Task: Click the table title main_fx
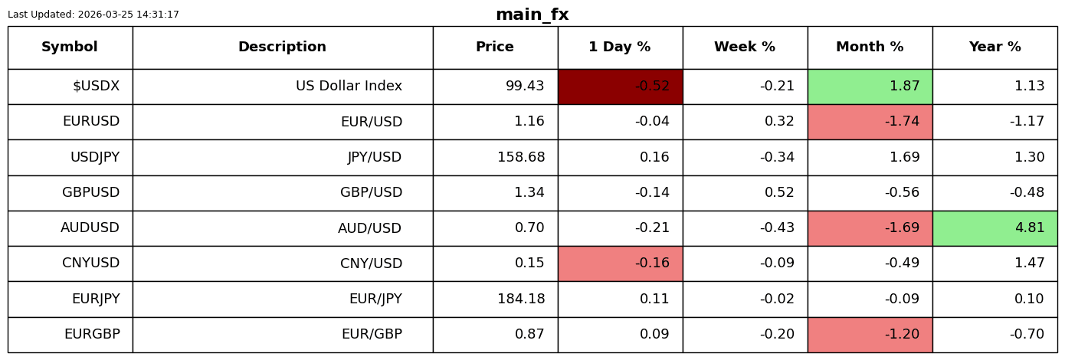point(532,15)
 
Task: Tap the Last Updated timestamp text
point(93,15)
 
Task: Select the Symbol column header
point(70,47)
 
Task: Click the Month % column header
point(870,47)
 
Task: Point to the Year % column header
point(995,47)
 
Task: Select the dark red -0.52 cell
point(621,87)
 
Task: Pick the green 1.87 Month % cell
point(870,87)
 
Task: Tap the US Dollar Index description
point(349,86)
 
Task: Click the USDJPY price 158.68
point(521,157)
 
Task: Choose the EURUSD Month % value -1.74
point(902,121)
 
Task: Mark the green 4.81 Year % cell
point(995,228)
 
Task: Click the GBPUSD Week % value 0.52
point(779,192)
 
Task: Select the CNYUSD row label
point(91,263)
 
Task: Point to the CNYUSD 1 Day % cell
point(621,263)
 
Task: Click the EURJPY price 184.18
point(521,299)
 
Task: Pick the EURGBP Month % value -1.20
point(902,334)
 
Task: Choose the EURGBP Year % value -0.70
point(1027,334)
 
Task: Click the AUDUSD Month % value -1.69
point(902,227)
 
